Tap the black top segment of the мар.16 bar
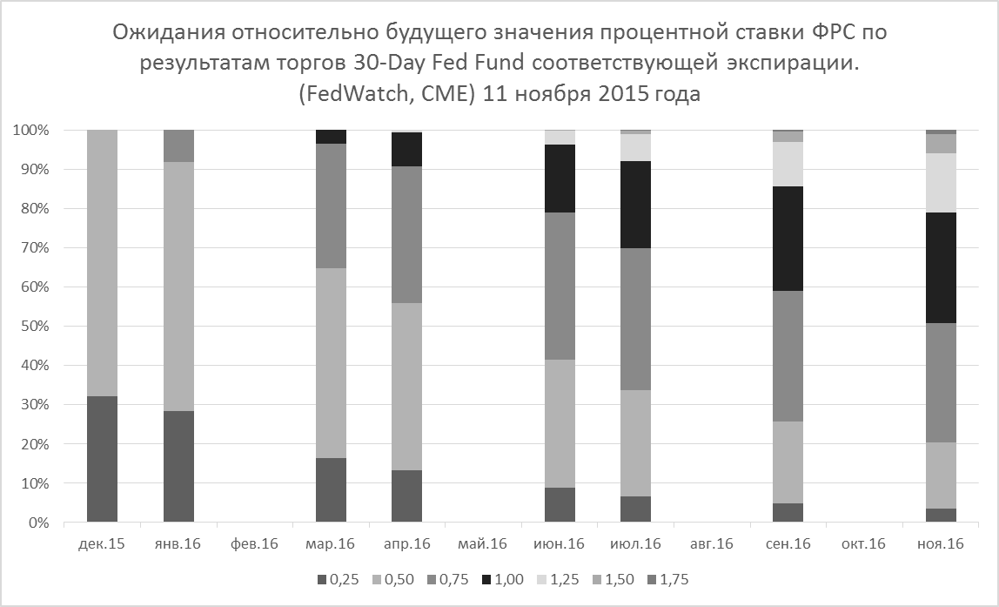332,137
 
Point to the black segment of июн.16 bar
560,179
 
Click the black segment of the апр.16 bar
407,149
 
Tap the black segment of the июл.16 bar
636,205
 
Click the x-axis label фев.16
254,544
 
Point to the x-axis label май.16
483,544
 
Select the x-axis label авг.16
712,544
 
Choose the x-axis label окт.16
864,544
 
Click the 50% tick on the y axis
35,327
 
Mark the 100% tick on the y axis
31,131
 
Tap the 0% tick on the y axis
38,523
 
